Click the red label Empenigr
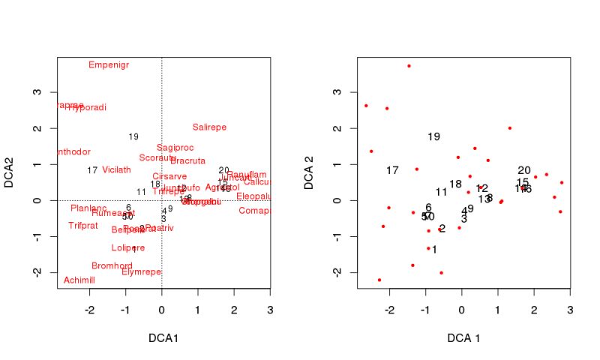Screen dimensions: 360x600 [x=109, y=65]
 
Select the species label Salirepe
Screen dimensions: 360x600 [x=209, y=127]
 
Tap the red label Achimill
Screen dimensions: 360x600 [x=79, y=280]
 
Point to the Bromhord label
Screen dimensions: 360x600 [x=112, y=266]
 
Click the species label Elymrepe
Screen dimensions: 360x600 [x=141, y=272]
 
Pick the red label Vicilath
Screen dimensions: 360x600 [x=116, y=170]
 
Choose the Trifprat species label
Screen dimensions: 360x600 [x=83, y=226]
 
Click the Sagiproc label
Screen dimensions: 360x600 [x=175, y=148]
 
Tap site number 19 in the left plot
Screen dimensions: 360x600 [x=133, y=136]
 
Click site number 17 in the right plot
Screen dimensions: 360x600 [x=392, y=171]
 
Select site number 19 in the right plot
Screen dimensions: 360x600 [x=433, y=137]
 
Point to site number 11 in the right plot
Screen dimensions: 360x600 [x=441, y=193]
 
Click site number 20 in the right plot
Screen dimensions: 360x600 [x=523, y=171]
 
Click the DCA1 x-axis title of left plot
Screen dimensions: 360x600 [x=162, y=338]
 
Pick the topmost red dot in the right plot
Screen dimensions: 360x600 [x=409, y=66]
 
